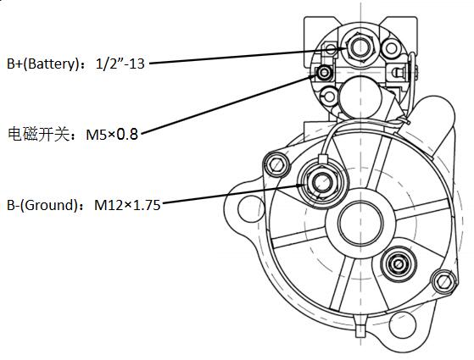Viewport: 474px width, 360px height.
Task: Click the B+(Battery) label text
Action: pyautogui.click(x=42, y=64)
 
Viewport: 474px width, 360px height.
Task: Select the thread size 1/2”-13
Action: pyautogui.click(x=120, y=64)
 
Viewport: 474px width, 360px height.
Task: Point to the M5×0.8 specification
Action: pyautogui.click(x=112, y=135)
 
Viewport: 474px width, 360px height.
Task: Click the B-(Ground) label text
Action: pyautogui.click(x=42, y=205)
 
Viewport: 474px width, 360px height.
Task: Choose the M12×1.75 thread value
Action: pyautogui.click(x=127, y=205)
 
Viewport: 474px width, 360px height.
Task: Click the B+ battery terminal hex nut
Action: pyautogui.click(x=360, y=47)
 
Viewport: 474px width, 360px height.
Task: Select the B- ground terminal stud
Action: pyautogui.click(x=321, y=183)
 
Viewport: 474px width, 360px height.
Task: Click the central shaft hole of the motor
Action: pyautogui.click(x=360, y=223)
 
